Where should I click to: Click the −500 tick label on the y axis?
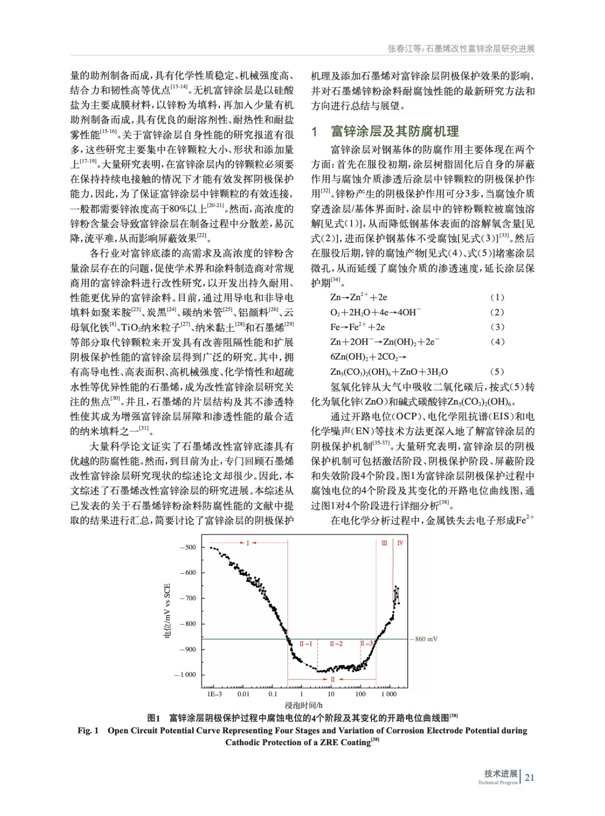click(x=187, y=547)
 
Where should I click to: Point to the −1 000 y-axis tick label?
click(x=185, y=675)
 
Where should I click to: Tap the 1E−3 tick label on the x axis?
click(x=214, y=694)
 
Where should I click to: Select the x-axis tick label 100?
click(x=360, y=694)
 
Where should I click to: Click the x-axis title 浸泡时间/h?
click(x=303, y=705)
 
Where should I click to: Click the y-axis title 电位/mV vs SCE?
click(x=167, y=610)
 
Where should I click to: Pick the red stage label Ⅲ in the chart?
click(x=384, y=543)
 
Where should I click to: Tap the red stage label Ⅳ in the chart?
click(x=400, y=543)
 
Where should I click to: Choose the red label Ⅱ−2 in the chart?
click(x=336, y=644)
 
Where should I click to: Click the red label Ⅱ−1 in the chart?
click(x=305, y=644)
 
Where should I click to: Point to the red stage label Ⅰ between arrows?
click(x=248, y=543)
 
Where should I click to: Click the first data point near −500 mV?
click(x=211, y=547)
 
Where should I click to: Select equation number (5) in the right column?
click(x=496, y=372)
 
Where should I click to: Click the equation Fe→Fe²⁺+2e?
click(x=357, y=327)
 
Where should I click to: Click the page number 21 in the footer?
click(x=530, y=777)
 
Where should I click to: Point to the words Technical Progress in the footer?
click(x=497, y=782)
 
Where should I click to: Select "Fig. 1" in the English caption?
click(x=88, y=730)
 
